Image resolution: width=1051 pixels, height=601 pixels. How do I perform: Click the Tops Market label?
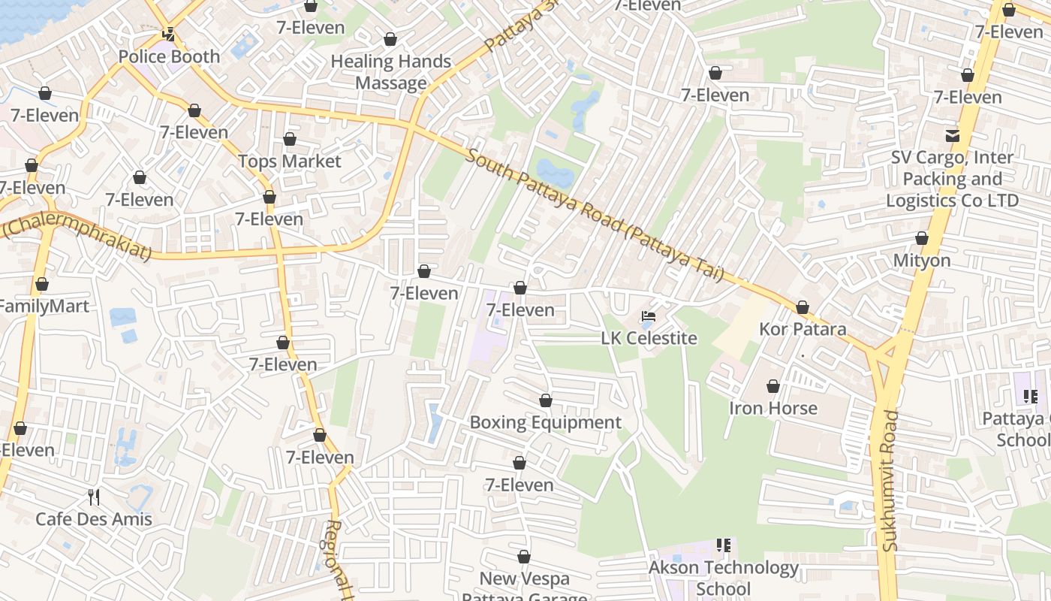[x=289, y=162]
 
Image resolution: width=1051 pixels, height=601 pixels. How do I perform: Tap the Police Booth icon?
[x=169, y=35]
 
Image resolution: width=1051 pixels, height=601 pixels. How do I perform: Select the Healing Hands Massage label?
[x=391, y=72]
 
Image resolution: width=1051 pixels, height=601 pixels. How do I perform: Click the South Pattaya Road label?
[x=593, y=215]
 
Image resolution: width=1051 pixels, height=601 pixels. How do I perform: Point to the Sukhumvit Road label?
[x=890, y=481]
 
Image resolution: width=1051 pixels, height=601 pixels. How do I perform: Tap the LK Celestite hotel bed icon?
[x=649, y=316]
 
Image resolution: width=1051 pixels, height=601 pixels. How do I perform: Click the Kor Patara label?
[x=803, y=329]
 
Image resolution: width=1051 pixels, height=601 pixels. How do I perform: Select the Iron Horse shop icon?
[x=773, y=386]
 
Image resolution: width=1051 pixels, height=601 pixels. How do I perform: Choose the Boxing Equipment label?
[x=546, y=422]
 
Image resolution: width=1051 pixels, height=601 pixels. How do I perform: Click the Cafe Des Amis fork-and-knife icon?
[x=94, y=497]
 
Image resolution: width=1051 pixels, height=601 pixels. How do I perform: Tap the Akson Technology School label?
[x=724, y=578]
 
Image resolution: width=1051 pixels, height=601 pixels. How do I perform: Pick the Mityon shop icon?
[x=922, y=239]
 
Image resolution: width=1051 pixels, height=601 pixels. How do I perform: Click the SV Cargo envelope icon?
[x=952, y=136]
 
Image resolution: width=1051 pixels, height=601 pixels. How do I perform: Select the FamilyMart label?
[x=44, y=307]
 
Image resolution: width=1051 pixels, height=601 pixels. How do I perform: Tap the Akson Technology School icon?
[x=724, y=545]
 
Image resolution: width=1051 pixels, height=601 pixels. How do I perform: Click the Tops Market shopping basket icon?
[x=290, y=140]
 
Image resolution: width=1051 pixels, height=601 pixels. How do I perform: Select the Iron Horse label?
[x=773, y=408]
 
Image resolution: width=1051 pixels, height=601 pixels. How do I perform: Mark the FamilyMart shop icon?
[x=42, y=285]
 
